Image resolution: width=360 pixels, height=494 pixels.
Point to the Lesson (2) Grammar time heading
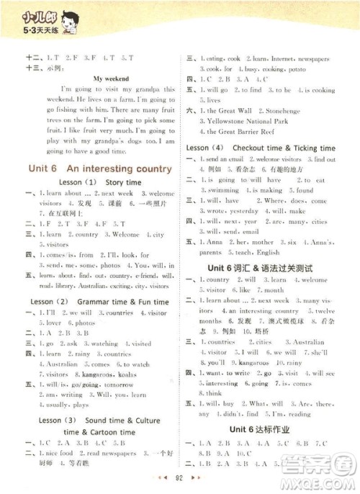tap(100, 300)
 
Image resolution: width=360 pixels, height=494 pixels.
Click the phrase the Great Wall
tap(230, 112)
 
